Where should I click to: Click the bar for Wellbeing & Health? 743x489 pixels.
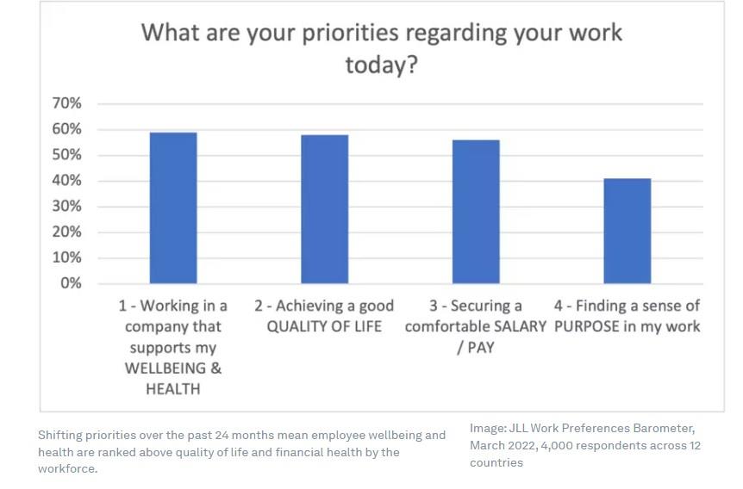173,207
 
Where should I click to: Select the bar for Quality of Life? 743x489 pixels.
325,209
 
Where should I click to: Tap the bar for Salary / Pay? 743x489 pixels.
476,212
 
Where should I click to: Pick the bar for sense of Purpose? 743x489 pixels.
627,231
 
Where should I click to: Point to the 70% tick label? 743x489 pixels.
67,103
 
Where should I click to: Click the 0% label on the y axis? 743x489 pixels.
71,283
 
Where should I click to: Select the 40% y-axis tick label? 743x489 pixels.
67,180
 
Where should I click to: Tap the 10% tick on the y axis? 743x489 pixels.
67,257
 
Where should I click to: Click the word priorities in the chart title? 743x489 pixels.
350,33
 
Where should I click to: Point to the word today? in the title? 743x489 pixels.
382,65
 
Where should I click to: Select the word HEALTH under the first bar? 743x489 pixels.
173,389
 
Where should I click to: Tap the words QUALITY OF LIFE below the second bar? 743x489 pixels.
324,326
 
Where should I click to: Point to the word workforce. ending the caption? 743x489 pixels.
68,469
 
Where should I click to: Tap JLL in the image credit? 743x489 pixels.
518,429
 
